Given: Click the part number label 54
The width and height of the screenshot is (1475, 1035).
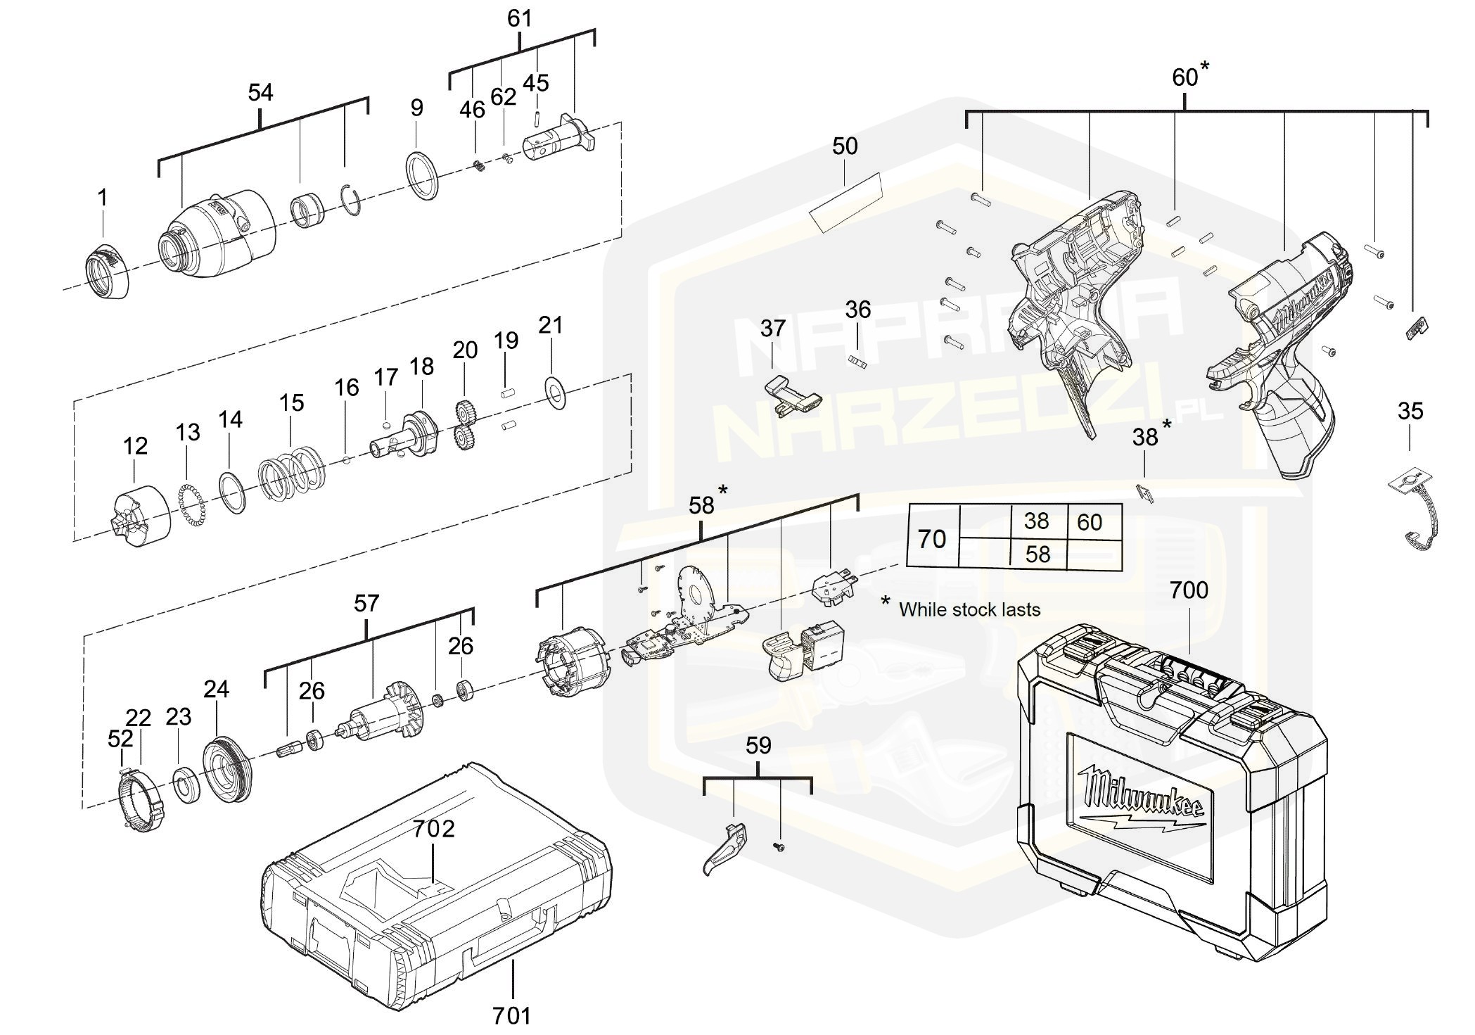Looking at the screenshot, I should [x=260, y=92].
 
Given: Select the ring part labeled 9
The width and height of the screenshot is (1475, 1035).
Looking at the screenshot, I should [x=422, y=175].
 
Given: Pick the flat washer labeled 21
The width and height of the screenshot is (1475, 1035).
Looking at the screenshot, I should [x=557, y=388].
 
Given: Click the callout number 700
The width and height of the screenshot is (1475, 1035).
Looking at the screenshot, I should [x=1189, y=590].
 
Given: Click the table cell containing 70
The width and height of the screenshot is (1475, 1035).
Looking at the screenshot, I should [x=932, y=539].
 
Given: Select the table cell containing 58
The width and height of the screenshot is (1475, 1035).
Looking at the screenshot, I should [x=1037, y=554].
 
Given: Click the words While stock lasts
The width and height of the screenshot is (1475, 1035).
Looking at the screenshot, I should [x=969, y=609].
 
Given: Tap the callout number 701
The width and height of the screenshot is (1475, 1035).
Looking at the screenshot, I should [x=511, y=1015].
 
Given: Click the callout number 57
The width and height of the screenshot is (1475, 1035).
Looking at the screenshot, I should [x=366, y=603].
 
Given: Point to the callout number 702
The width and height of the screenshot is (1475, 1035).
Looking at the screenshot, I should [x=433, y=829].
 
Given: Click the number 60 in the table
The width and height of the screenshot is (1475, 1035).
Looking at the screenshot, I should [x=1090, y=522].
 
